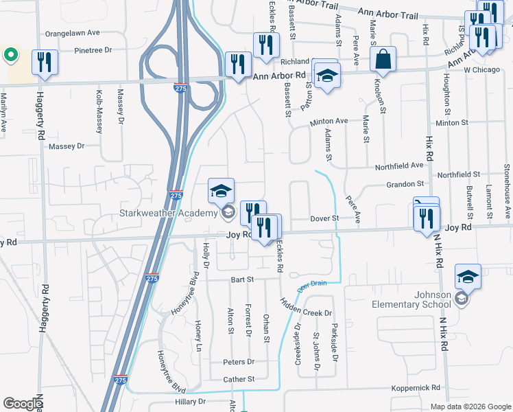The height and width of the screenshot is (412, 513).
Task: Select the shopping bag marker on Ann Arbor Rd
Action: click(x=383, y=60)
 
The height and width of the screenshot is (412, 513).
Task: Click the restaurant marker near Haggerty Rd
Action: click(x=44, y=62)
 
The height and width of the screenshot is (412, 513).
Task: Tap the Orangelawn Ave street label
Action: click(x=72, y=33)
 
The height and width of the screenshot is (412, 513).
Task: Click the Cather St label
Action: click(x=239, y=379)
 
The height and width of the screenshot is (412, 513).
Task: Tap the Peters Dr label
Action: click(x=238, y=362)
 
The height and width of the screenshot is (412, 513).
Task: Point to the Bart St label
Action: click(x=243, y=280)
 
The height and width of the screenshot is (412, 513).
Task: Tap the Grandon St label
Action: click(x=405, y=184)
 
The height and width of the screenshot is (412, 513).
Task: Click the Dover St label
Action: click(x=326, y=218)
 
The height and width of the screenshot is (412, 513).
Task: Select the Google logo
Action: click(x=23, y=404)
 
